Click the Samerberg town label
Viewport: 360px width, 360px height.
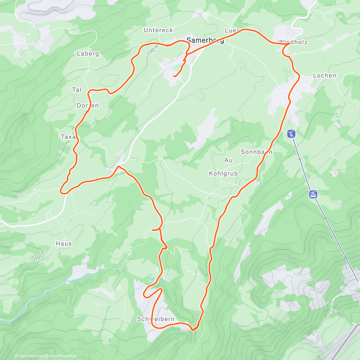205,40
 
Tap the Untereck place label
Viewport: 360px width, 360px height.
158,30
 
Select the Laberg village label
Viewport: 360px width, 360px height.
88,53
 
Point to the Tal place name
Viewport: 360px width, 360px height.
77,90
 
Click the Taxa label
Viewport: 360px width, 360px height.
69,137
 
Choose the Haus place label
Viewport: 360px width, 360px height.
64,244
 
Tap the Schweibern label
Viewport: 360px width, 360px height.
156,319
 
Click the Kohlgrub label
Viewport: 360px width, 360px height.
223,173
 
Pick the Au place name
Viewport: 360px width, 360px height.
228,160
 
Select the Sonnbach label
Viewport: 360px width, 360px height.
256,152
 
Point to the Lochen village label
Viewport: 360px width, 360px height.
325,76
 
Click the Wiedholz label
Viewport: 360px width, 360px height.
293,42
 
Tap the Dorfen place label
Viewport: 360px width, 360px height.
88,105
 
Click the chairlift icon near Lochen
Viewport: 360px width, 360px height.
291,134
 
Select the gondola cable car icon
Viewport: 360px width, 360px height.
313,194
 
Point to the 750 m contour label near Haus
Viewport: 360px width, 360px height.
39,255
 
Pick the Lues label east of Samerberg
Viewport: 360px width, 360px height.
232,31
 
